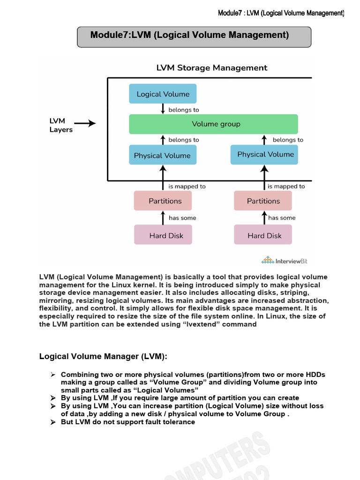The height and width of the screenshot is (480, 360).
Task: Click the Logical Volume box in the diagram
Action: tap(163, 94)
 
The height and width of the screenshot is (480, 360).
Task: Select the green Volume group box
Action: tap(213, 124)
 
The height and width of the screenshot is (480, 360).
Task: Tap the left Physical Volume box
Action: tap(163, 155)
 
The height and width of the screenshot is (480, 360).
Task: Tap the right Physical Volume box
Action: tap(264, 154)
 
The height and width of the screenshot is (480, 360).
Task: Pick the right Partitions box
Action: tap(262, 201)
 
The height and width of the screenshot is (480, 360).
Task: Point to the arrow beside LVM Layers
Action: tap(85, 124)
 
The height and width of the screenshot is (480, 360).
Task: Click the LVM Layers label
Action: tap(61, 125)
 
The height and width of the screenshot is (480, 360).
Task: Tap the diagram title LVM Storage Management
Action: tap(211, 68)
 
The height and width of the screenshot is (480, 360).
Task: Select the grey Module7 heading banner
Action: tap(194, 37)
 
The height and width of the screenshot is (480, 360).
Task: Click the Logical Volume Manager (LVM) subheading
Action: tap(103, 357)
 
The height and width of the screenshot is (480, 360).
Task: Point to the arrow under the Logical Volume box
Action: tap(163, 109)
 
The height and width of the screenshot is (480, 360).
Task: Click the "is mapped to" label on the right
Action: tap(286, 186)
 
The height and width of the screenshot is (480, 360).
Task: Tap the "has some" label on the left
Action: tap(182, 218)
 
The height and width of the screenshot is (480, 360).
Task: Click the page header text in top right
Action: tap(281, 13)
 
